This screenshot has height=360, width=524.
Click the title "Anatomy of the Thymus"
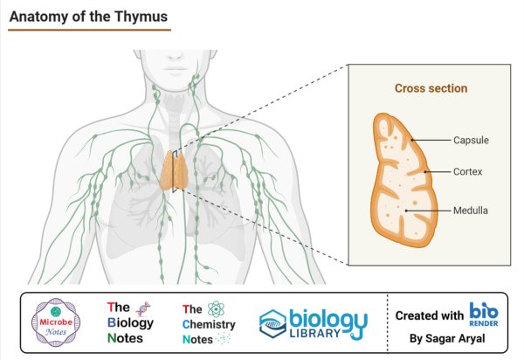(x=88, y=16)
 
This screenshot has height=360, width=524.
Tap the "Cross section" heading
(x=431, y=88)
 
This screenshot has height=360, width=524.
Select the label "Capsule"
(x=471, y=140)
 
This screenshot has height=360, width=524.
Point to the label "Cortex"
(x=468, y=172)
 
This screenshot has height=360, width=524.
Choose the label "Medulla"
(x=470, y=211)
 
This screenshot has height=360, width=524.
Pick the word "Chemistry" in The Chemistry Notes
(x=210, y=323)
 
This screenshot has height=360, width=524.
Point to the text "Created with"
(x=430, y=315)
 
